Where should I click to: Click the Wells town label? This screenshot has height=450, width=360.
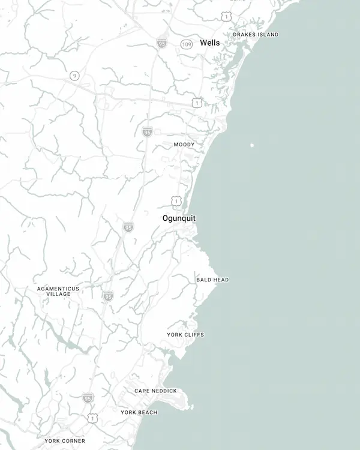pyautogui.click(x=209, y=43)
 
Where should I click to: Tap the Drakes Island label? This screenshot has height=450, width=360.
pyautogui.click(x=256, y=35)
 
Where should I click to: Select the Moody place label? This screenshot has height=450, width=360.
pyautogui.click(x=184, y=145)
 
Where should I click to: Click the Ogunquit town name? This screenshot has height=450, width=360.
pyautogui.click(x=179, y=218)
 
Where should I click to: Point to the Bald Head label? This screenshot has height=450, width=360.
pyautogui.click(x=212, y=280)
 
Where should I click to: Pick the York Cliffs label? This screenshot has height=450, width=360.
pyautogui.click(x=185, y=335)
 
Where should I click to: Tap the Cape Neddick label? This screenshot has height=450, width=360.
pyautogui.click(x=155, y=391)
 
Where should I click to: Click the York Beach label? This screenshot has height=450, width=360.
pyautogui.click(x=139, y=412)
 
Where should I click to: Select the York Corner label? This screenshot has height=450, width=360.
pyautogui.click(x=65, y=440)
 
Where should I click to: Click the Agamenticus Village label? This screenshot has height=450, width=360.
pyautogui.click(x=58, y=291)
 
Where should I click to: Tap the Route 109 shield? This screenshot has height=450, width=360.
pyautogui.click(x=187, y=44)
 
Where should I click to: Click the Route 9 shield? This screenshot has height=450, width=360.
pyautogui.click(x=74, y=75)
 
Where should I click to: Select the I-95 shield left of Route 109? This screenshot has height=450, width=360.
pyautogui.click(x=161, y=42)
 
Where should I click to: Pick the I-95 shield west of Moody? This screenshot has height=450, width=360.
pyautogui.click(x=147, y=131)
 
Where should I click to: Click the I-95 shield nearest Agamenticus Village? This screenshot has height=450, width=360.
pyautogui.click(x=107, y=296)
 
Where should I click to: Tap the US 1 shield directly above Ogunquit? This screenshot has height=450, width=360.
pyautogui.click(x=175, y=200)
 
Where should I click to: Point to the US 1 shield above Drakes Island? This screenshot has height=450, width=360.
pyautogui.click(x=226, y=17)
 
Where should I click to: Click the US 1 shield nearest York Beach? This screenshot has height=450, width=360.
pyautogui.click(x=92, y=418)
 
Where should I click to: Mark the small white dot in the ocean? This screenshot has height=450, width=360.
pyautogui.click(x=252, y=145)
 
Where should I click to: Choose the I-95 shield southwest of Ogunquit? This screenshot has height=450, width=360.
pyautogui.click(x=128, y=227)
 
